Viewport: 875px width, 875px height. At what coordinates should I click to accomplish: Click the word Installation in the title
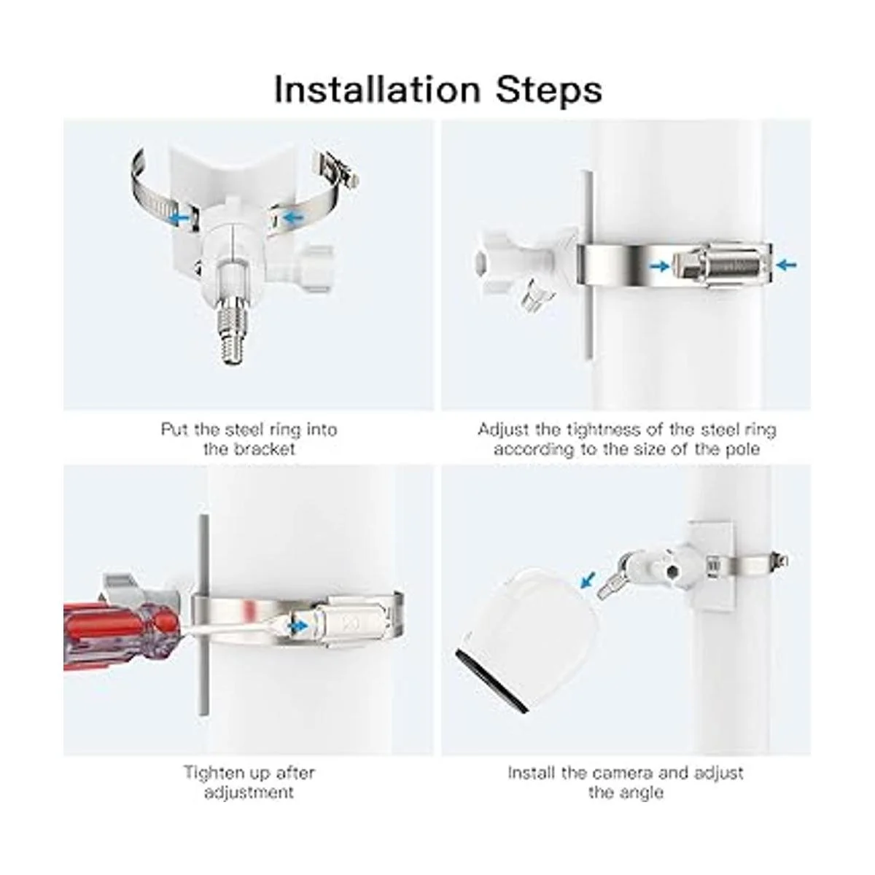click(x=377, y=90)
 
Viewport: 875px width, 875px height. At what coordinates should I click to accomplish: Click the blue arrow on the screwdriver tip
click(x=298, y=626)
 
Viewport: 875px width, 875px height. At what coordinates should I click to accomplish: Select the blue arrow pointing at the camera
click(x=588, y=580)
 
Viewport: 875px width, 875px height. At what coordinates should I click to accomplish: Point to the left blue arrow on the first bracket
click(x=180, y=219)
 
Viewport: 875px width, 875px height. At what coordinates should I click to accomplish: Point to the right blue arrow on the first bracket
click(x=293, y=218)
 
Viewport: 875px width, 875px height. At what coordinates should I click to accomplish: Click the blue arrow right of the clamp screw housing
click(x=787, y=264)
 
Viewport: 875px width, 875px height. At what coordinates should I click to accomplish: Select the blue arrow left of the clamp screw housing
click(x=659, y=266)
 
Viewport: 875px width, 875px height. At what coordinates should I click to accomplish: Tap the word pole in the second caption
click(x=743, y=449)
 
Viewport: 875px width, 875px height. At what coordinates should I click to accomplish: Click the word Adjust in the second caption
click(x=503, y=429)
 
